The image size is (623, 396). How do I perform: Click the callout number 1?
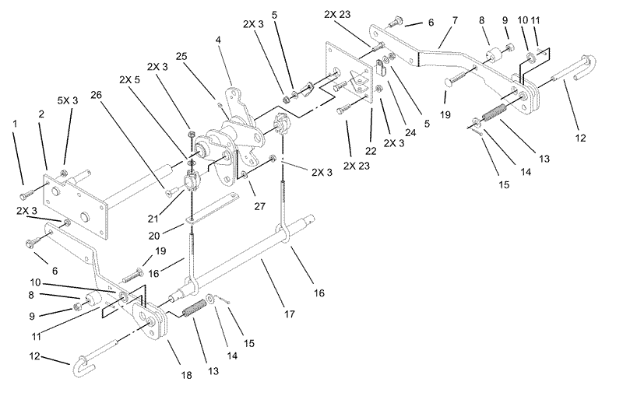point(15,124)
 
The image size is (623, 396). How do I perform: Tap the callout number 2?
point(41,114)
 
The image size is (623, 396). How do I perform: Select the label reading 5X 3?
point(68,101)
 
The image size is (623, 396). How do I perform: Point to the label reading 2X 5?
point(129,80)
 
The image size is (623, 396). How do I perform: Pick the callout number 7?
point(455,20)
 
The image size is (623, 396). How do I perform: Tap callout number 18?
point(186,375)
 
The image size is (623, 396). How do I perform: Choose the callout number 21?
point(153,219)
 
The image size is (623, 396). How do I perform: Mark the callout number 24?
point(410,132)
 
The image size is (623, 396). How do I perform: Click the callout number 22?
point(371,151)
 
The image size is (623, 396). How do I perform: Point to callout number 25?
point(181,56)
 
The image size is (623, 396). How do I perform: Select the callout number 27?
point(259,206)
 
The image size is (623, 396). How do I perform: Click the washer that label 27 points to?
point(243,174)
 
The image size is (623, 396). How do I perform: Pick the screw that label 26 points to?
point(168,193)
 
